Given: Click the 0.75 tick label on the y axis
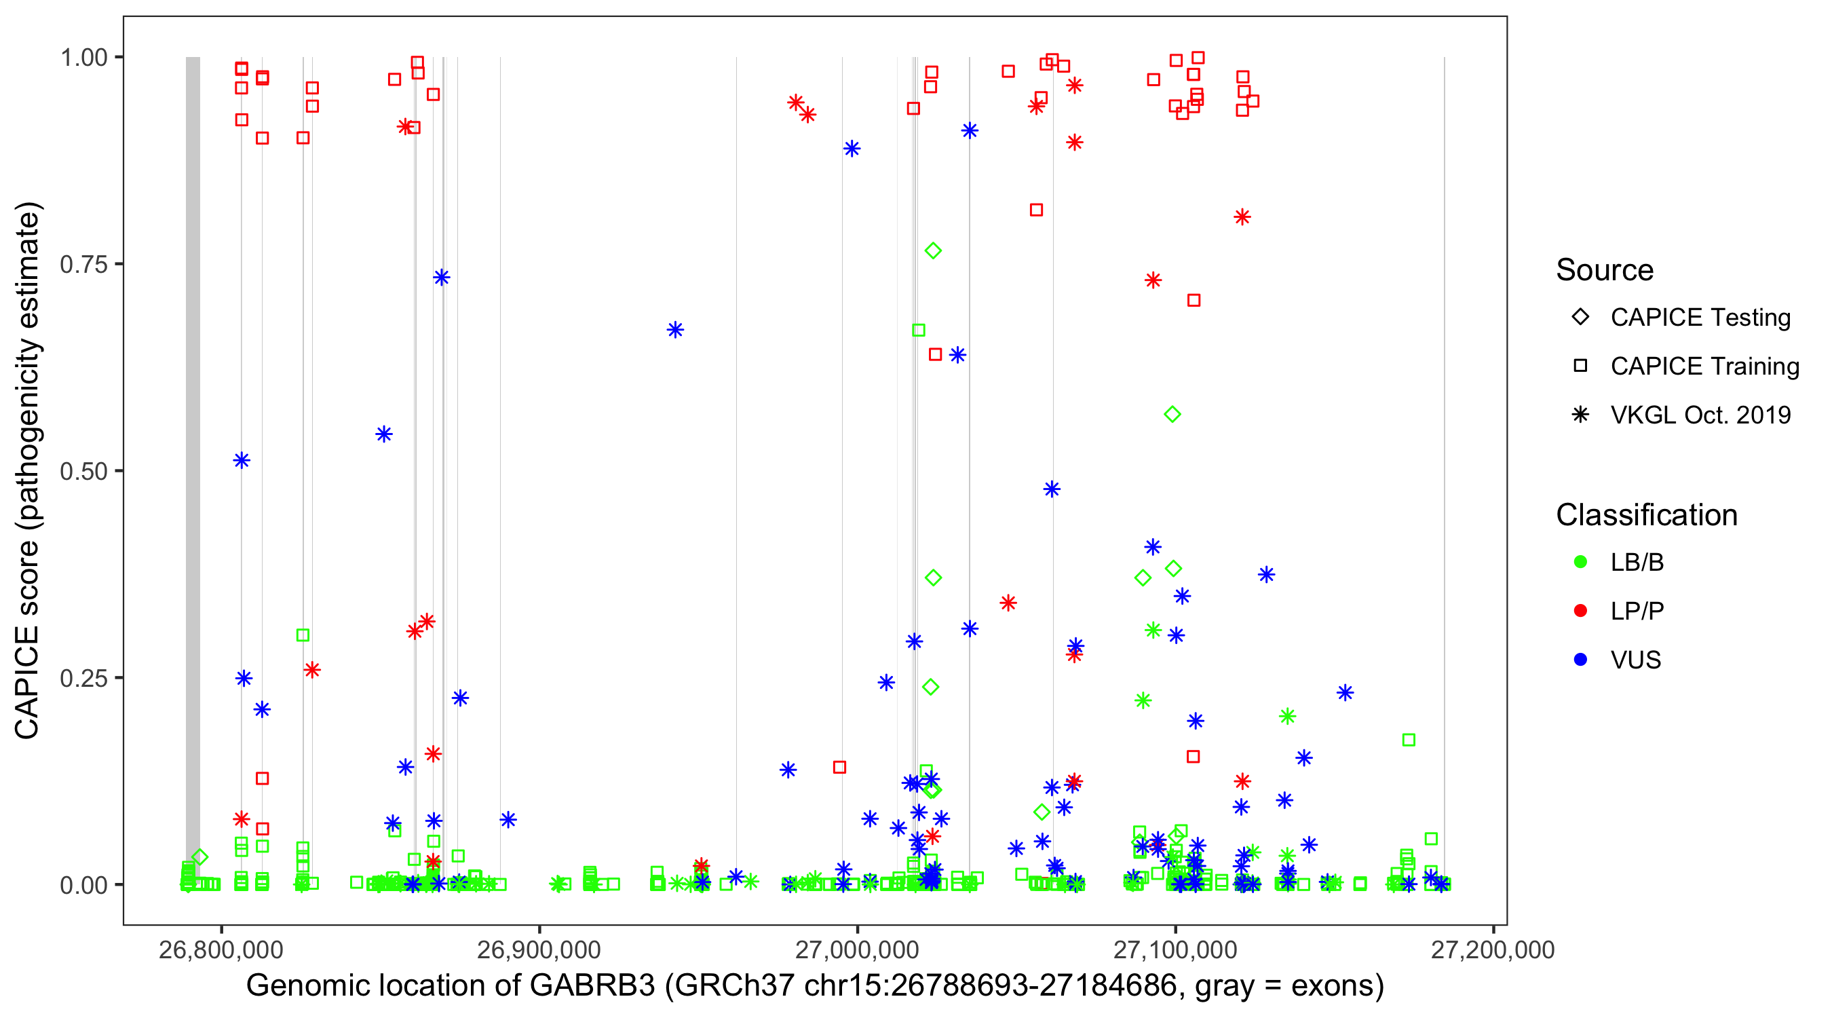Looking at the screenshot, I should point(83,264).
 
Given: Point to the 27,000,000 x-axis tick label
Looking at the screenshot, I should point(857,949).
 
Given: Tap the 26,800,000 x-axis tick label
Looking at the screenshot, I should point(221,949).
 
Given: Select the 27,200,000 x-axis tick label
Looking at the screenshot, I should point(1493,949).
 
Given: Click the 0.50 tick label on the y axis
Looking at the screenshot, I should point(83,471).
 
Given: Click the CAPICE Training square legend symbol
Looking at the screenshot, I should point(1580,366).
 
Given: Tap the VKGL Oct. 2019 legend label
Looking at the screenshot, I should point(1700,415).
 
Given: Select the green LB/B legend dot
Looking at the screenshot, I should point(1580,562).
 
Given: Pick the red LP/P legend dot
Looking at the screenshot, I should point(1580,611).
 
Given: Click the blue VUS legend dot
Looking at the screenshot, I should point(1580,660).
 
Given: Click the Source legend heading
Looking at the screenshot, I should point(1605,270).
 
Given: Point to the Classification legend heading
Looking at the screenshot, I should point(1646,515).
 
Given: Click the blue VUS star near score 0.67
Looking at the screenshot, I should point(675,330).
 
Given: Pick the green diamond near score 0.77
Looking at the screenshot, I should point(933,250).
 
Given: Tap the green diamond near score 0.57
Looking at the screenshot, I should point(1172,414).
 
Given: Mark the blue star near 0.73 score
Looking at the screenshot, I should point(442,278).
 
